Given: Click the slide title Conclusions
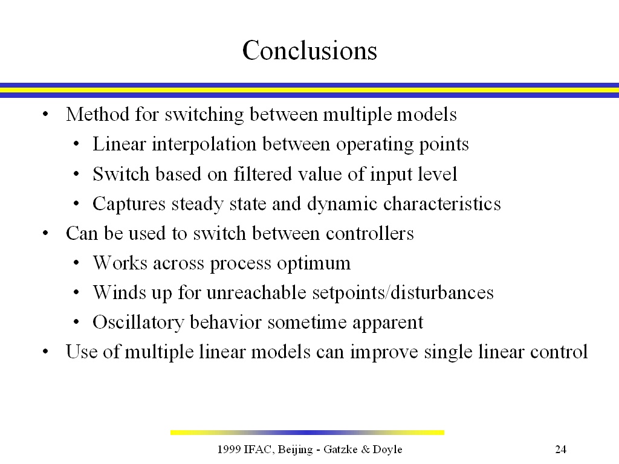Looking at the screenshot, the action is coord(310,51).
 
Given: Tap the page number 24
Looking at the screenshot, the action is coord(560,449).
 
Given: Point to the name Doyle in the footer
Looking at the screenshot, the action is coord(387,449).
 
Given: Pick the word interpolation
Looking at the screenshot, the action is coord(204,144).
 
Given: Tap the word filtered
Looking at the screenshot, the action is coord(262,174).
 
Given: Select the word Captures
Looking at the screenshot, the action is coord(129,204).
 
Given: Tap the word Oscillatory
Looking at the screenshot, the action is coord(138,323).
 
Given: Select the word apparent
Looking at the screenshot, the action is coord(388,323).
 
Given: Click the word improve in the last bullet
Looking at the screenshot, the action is coord(384,352).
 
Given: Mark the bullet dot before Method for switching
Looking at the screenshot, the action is coord(45,115).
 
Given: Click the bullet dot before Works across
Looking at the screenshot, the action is coord(76,263).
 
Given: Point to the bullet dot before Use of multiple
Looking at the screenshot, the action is coord(45,352).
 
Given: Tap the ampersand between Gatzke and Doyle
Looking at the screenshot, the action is coord(366,449).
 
